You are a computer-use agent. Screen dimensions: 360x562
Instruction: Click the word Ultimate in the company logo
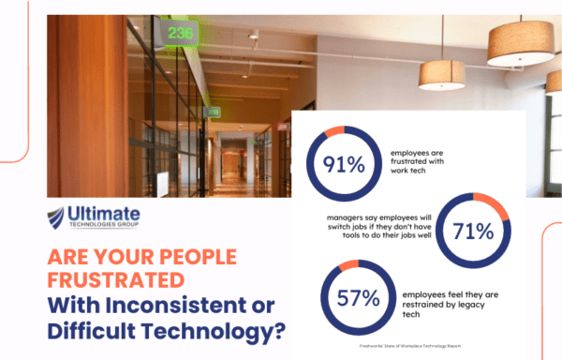coord(106,214)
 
